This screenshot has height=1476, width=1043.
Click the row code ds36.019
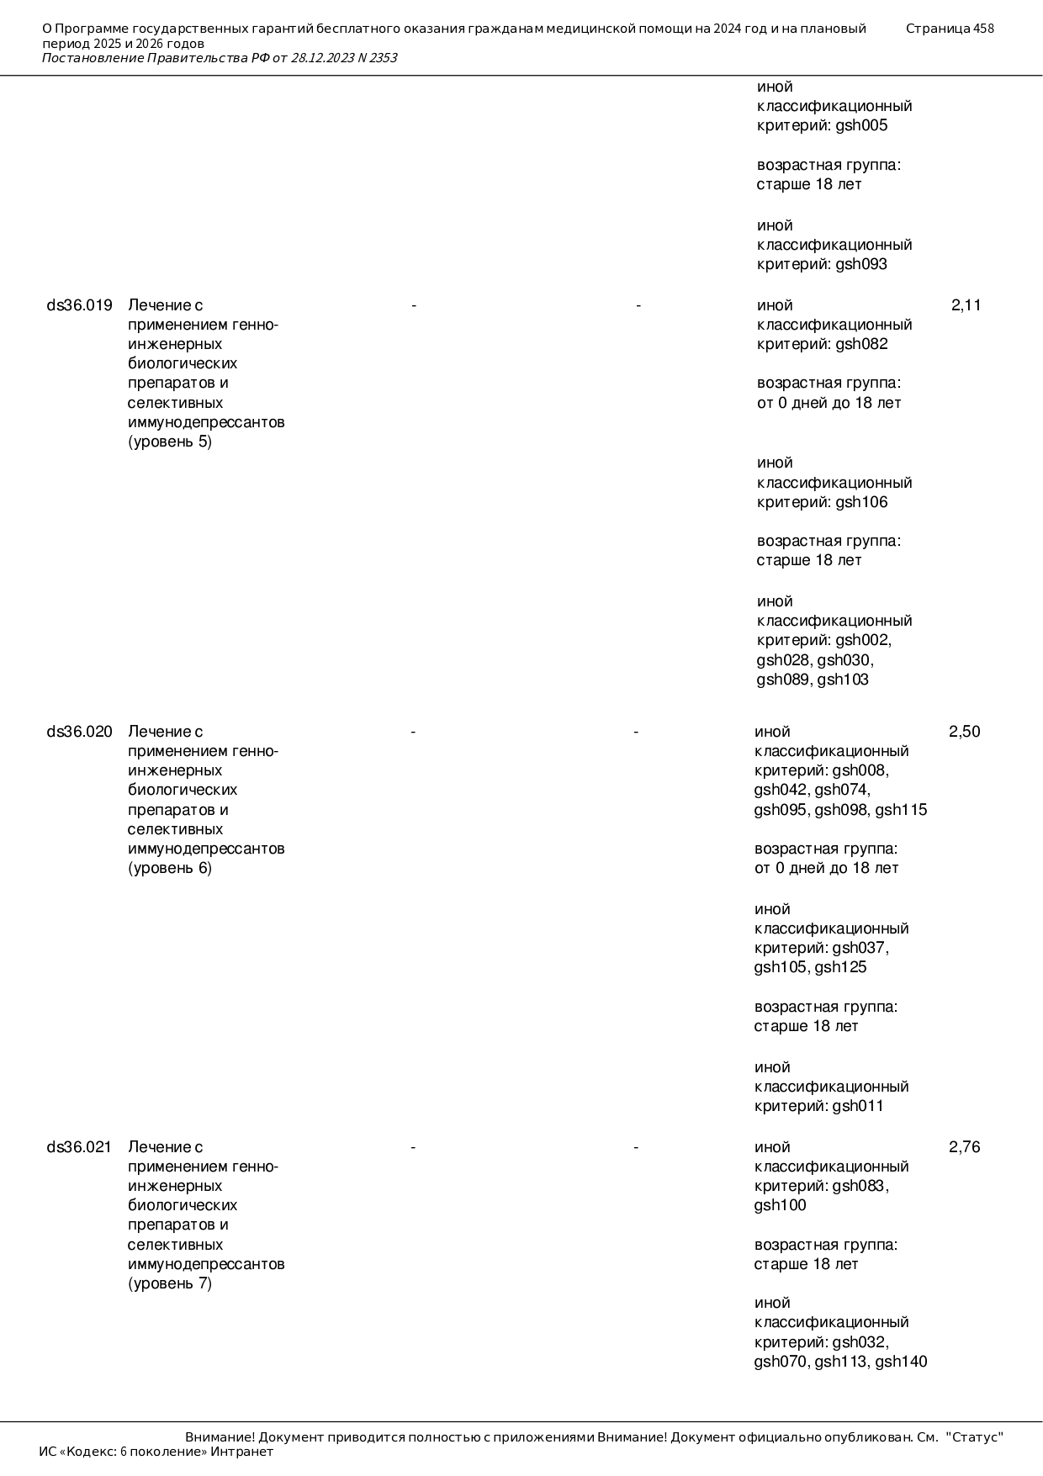(79, 305)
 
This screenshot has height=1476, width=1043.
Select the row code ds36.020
(79, 732)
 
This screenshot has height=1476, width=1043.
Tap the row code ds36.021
(79, 1147)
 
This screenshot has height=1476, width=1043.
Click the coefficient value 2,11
(966, 305)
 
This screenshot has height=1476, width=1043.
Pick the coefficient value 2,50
(964, 732)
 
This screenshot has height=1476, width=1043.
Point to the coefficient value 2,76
(964, 1147)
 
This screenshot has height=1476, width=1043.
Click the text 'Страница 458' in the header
(950, 29)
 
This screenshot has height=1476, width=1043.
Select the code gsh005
(861, 126)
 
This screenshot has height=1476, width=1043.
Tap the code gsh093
(861, 265)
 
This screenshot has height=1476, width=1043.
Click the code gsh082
(861, 344)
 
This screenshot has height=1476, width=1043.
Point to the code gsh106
(861, 503)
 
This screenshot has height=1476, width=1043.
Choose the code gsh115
(901, 811)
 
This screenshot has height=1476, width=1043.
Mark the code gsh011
(858, 1107)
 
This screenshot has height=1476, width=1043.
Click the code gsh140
(901, 1362)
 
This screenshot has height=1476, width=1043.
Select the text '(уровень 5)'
(170, 442)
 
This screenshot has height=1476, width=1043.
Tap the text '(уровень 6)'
(170, 869)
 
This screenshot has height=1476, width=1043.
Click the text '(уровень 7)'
(170, 1284)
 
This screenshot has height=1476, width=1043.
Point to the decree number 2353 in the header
(383, 58)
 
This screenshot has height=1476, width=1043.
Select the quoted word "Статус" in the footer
(975, 1437)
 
